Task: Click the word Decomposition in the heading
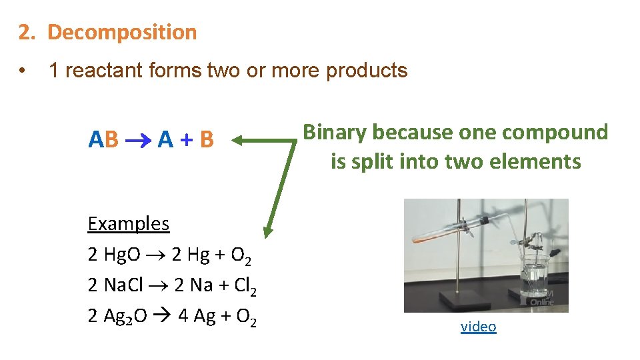click(122, 32)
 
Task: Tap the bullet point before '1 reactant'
click(23, 71)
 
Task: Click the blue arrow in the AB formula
click(138, 140)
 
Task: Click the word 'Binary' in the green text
click(335, 133)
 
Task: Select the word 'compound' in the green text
click(555, 133)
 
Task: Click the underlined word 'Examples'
click(129, 223)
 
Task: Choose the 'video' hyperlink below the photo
click(478, 327)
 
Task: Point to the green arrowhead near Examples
click(268, 231)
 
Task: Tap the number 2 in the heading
click(25, 32)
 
